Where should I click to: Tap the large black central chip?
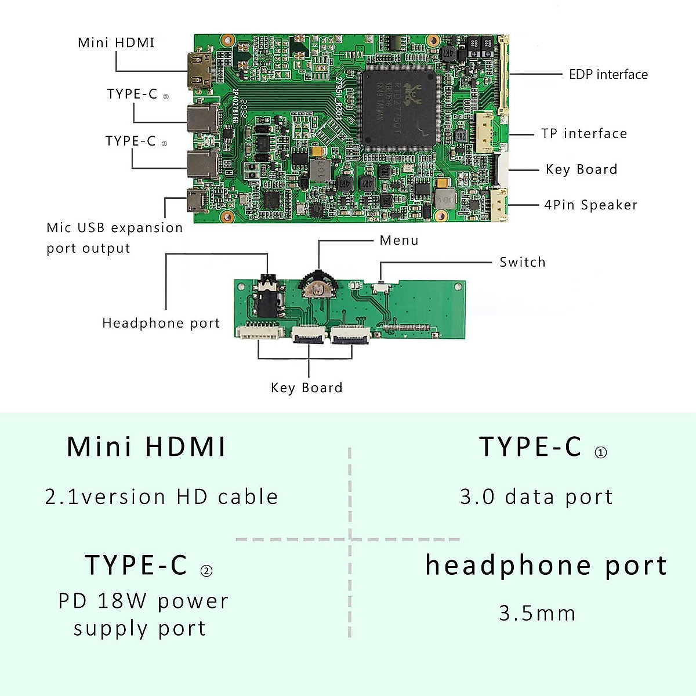coord(398,108)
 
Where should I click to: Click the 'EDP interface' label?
coord(608,75)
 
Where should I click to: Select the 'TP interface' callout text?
coord(584,134)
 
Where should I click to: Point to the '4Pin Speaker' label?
coord(590,205)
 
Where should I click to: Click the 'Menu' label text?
coord(399,241)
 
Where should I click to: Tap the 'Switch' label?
coord(522,262)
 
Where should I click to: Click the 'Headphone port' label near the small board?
coord(161,323)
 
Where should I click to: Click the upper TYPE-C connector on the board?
coord(202,118)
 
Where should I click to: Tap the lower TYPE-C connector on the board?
coord(202,164)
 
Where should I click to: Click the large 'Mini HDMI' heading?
coord(146,447)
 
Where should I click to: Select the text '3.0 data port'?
coord(536,497)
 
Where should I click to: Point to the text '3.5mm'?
coord(537,614)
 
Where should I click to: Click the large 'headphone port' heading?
coord(546,565)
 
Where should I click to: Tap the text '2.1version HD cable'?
coord(161,497)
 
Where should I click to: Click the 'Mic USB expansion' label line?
coord(114,228)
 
